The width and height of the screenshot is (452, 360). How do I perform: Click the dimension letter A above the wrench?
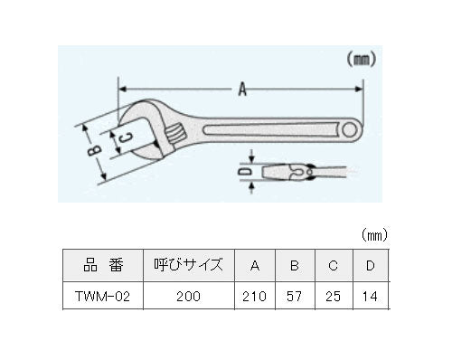pos(242,90)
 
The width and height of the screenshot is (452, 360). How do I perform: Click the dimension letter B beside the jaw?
pos(94,151)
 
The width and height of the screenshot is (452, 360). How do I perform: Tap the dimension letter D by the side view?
pos(245,172)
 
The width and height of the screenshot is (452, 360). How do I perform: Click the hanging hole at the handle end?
pos(349,130)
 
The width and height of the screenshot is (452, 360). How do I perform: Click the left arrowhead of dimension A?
pos(122,89)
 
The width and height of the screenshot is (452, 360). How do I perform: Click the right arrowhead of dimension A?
pos(359,89)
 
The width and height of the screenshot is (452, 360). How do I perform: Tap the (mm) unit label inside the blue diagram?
pos(361,60)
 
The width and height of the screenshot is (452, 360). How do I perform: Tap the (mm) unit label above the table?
pos(374,234)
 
